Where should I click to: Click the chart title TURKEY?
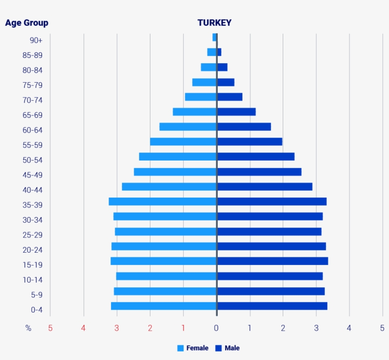[x=214, y=23]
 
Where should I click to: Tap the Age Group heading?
[x=27, y=23]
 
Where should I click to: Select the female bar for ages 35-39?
[x=163, y=201]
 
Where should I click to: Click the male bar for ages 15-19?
[x=272, y=261]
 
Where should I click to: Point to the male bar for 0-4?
[x=272, y=306]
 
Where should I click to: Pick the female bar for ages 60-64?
[x=188, y=127]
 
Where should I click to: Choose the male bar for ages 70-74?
[x=230, y=97]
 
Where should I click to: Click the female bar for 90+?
[x=214, y=37]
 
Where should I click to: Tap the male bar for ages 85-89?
[x=219, y=52]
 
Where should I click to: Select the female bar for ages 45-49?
[x=175, y=171]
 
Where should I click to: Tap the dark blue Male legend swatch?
[x=219, y=348]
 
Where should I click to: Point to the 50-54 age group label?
[x=33, y=160]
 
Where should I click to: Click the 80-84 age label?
[x=33, y=70]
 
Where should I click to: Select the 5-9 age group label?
[x=37, y=295]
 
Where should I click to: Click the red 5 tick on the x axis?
[x=50, y=328]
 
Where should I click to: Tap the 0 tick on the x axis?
[x=216, y=328]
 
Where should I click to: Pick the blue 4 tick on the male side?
[x=349, y=328]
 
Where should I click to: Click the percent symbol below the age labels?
[x=28, y=328]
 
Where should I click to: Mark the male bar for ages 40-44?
[x=265, y=187]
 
